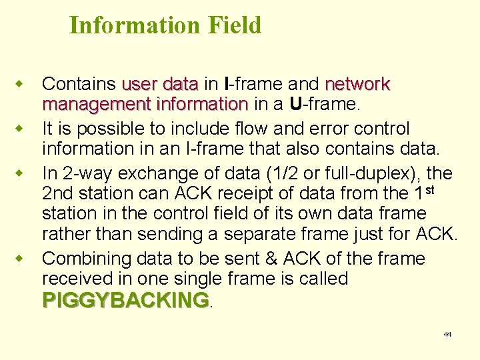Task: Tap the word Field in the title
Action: [x=234, y=25]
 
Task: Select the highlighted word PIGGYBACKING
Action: [x=125, y=300]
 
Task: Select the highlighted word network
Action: [x=357, y=85]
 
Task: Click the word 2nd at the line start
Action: [x=60, y=195]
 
